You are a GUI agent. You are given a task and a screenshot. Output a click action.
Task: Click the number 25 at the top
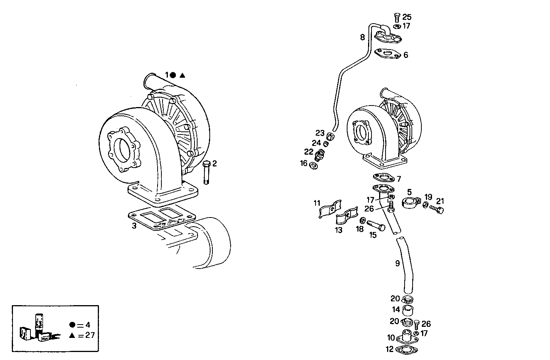[407, 17]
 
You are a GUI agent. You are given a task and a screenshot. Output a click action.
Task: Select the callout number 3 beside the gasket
[134, 226]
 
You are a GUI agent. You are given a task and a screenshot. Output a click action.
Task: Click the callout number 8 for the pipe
[362, 37]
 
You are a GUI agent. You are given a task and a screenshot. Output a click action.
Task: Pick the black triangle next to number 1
[182, 75]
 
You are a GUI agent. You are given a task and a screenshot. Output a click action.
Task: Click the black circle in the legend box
[72, 325]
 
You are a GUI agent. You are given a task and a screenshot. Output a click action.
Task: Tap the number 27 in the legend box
[90, 335]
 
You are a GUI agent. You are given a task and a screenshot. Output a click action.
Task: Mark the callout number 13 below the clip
[339, 230]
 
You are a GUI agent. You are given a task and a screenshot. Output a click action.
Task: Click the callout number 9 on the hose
[397, 263]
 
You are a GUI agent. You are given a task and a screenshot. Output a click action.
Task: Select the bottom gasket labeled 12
[404, 349]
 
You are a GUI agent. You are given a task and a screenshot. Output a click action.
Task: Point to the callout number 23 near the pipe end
[320, 133]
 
